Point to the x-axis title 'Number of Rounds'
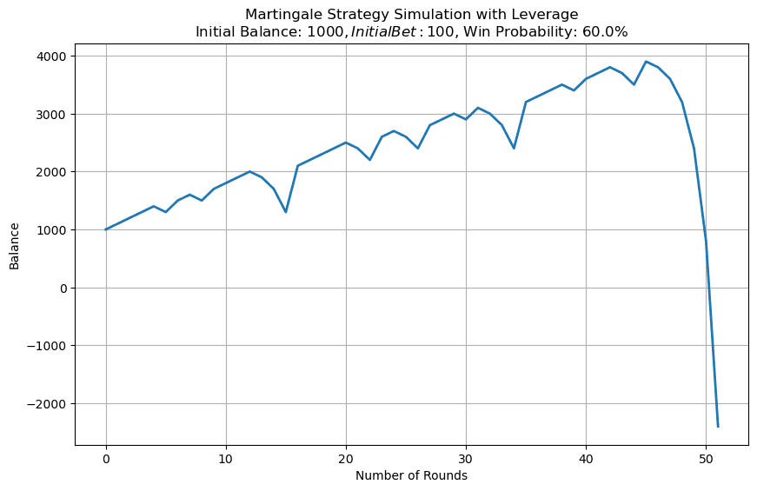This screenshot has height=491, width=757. pyautogui.click(x=411, y=475)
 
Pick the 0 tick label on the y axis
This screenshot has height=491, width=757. pyautogui.click(x=63, y=288)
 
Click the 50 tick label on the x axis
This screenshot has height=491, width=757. pyautogui.click(x=706, y=457)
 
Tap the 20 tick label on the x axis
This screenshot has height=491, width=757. pyautogui.click(x=346, y=457)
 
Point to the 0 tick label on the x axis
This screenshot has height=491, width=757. pyautogui.click(x=106, y=457)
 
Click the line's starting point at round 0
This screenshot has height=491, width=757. pyautogui.click(x=106, y=229)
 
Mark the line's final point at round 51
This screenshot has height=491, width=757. pyautogui.click(x=718, y=426)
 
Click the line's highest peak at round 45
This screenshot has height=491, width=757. pyautogui.click(x=646, y=62)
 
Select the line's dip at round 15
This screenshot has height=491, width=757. pyautogui.click(x=286, y=212)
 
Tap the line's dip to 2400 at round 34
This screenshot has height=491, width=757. pyautogui.click(x=514, y=149)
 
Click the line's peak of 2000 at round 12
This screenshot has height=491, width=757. pyautogui.click(x=250, y=171)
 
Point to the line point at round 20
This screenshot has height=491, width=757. pyautogui.click(x=346, y=143)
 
